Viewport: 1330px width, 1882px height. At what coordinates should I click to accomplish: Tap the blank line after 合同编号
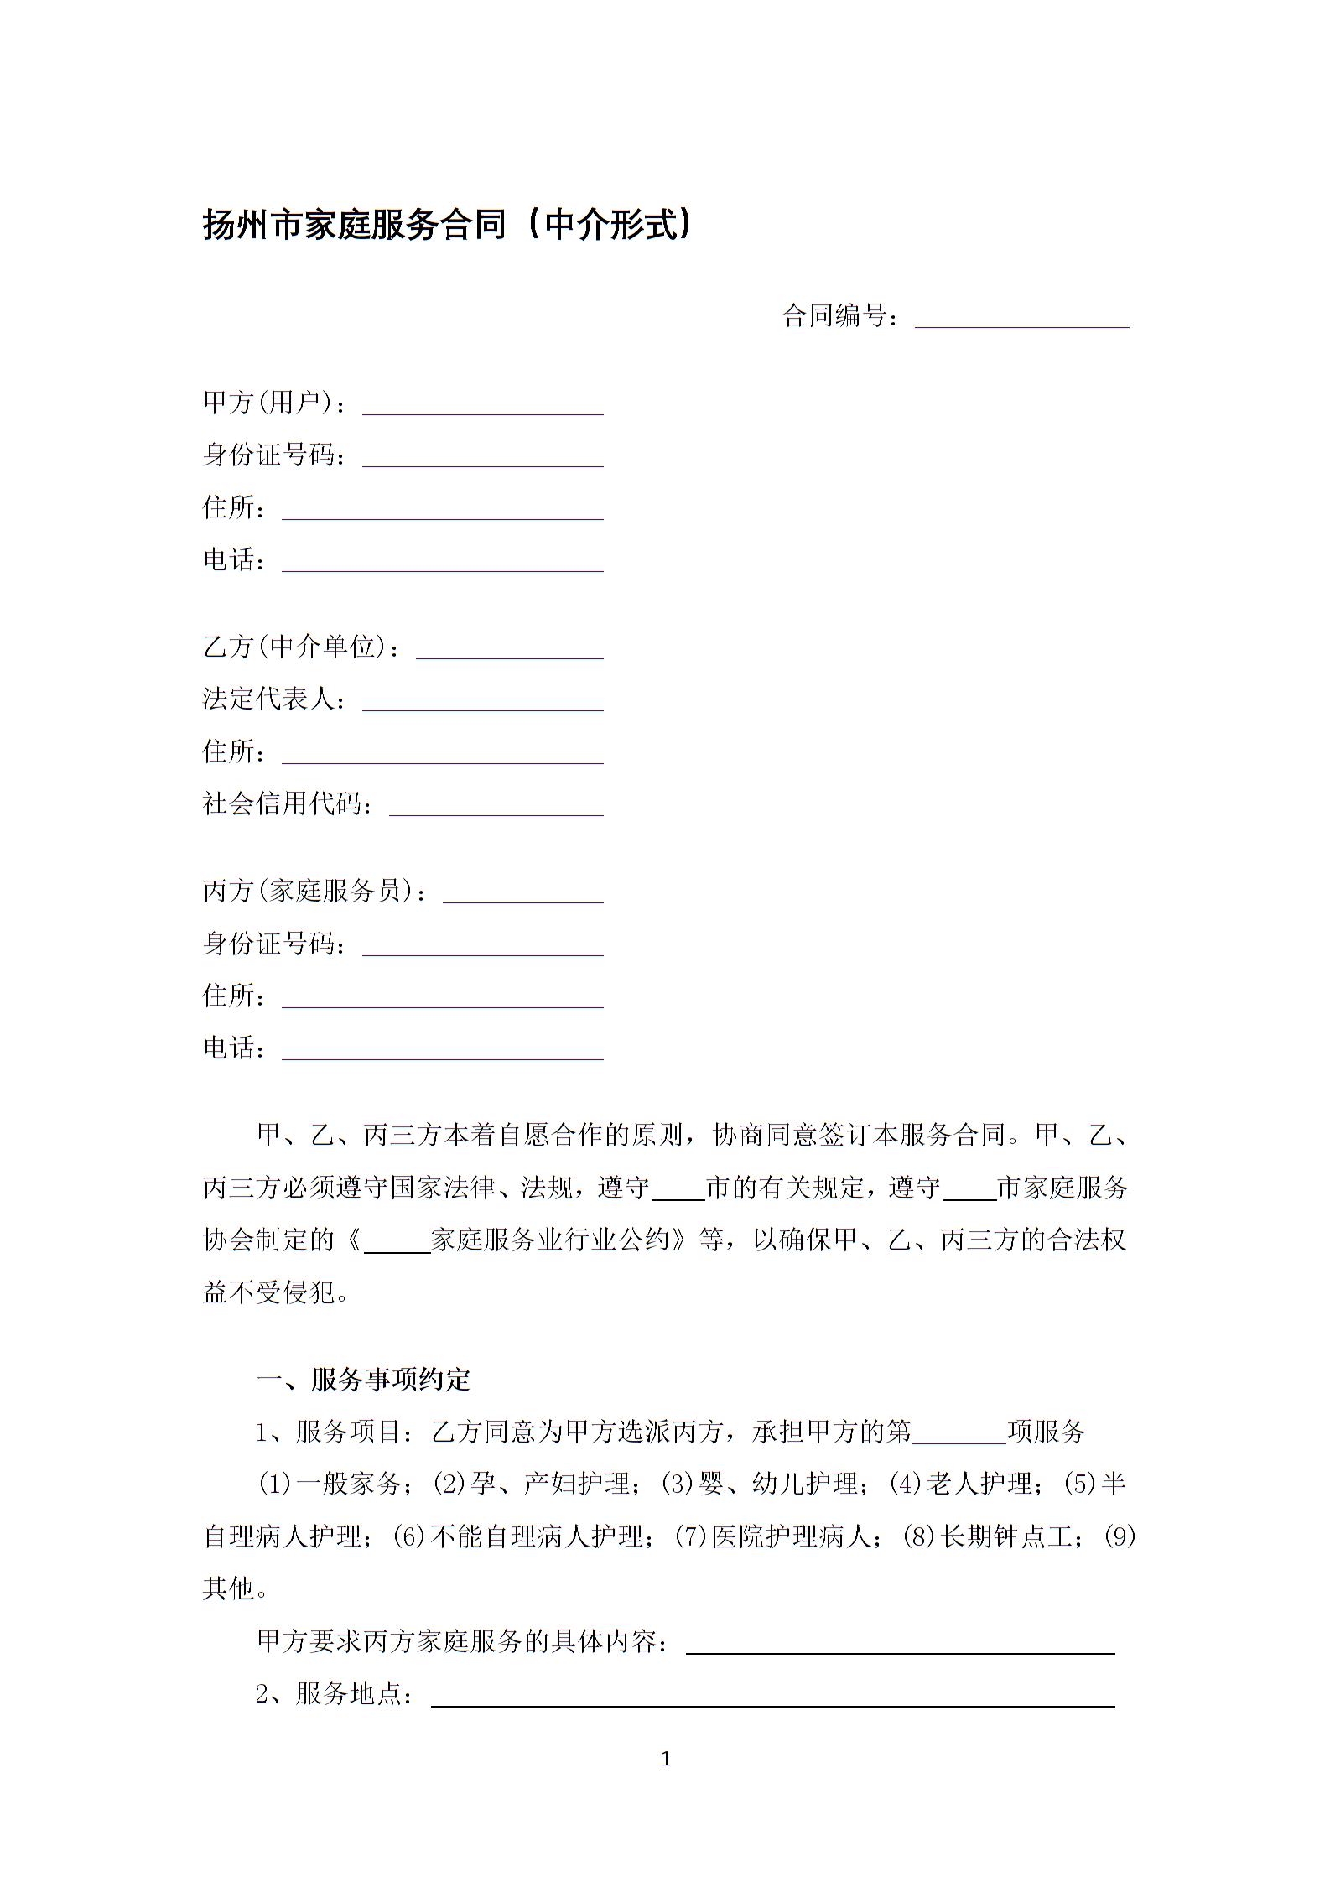[x=1021, y=318]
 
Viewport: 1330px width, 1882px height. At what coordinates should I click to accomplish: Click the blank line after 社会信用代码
[x=496, y=805]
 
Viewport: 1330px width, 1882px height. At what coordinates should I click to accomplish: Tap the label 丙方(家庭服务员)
[x=314, y=892]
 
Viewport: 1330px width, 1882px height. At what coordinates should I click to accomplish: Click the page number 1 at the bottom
[x=666, y=1760]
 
